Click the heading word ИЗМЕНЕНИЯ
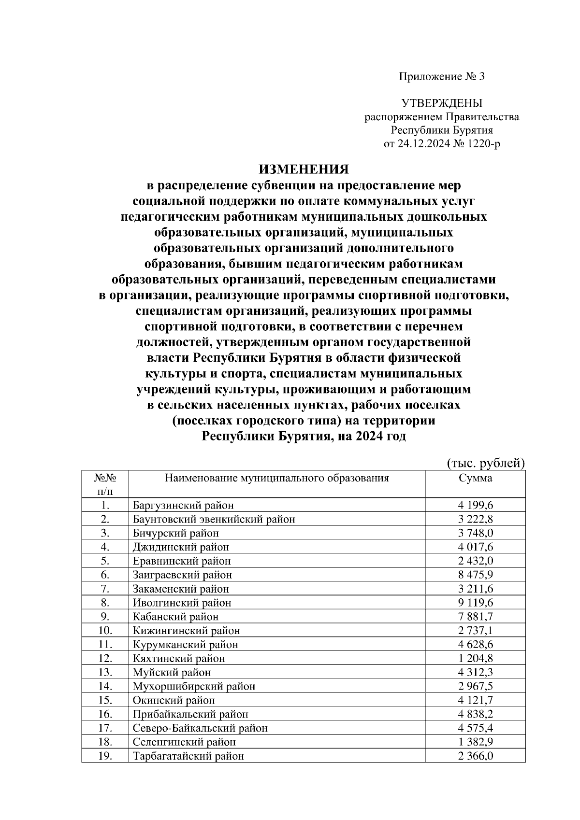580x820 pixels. (304, 169)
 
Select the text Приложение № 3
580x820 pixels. (441, 76)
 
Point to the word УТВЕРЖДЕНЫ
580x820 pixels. (442, 103)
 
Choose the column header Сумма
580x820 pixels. (475, 478)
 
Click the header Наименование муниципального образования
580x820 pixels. (277, 478)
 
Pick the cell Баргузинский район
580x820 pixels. (183, 506)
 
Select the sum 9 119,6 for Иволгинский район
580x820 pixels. (475, 603)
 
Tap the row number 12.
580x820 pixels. (105, 658)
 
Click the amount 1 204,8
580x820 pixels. (475, 658)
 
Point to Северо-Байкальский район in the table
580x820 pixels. (200, 728)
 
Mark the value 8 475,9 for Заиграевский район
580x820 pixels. (475, 575)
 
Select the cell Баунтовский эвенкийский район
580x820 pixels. (214, 519)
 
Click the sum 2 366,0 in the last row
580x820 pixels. (475, 756)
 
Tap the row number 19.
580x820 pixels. (105, 756)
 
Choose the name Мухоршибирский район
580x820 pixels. (194, 686)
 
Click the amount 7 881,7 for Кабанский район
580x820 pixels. (475, 617)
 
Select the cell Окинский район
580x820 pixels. (174, 700)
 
